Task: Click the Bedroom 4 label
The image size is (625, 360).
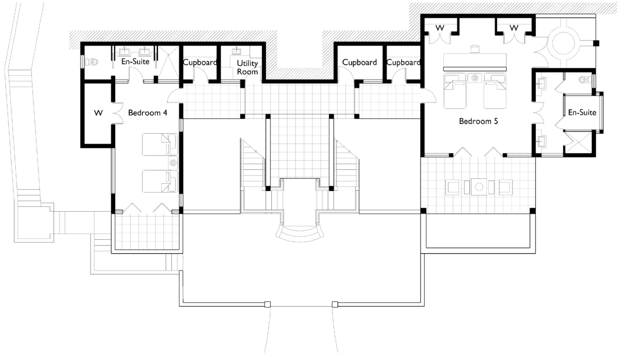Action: click(x=147, y=113)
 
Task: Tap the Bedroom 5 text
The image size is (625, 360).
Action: click(x=478, y=121)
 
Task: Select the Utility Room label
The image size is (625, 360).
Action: click(x=247, y=67)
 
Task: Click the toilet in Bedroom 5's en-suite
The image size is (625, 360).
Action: click(x=584, y=79)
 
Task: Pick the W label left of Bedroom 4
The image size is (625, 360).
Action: click(x=98, y=113)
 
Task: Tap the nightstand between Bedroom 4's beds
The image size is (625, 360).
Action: click(x=173, y=163)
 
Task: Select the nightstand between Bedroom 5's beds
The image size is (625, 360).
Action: click(x=475, y=78)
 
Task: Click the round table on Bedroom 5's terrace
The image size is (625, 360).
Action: click(x=479, y=187)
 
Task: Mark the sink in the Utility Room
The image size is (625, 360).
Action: click(x=236, y=51)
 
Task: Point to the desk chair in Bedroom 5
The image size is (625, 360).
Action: click(x=475, y=48)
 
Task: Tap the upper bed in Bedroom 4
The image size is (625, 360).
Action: click(x=160, y=144)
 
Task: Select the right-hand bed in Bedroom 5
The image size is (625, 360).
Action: click(x=495, y=91)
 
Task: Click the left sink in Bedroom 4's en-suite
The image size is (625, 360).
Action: click(x=125, y=52)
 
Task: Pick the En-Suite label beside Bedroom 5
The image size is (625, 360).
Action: click(x=582, y=113)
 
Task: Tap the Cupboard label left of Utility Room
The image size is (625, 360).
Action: click(x=200, y=62)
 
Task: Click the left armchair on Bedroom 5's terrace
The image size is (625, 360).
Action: click(x=453, y=187)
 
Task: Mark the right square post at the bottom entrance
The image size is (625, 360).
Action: click(x=335, y=304)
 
